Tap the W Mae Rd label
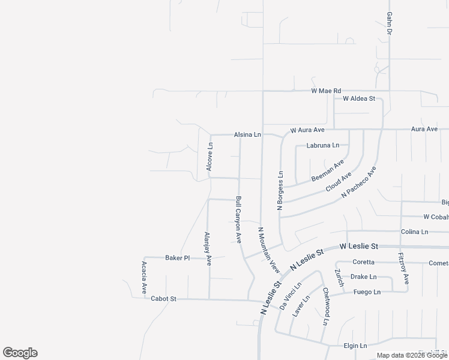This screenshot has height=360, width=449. coord(326,91)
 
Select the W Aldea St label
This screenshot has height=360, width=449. coord(359,98)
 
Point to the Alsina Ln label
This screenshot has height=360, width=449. coord(247,135)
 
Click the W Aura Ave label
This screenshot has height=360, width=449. coord(307,130)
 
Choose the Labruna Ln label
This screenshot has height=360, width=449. coord(323,145)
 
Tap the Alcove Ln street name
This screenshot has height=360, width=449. coord(209,157)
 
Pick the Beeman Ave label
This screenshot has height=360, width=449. coord(328,171)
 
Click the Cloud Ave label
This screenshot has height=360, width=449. coord(338,181)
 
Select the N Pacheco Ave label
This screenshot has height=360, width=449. coord(358,182)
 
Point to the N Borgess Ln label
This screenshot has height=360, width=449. coord(280,190)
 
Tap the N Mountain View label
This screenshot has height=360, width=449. coord(269,247)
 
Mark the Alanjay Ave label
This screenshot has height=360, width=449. coord(208,248)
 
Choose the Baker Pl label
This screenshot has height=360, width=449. coord(177,257)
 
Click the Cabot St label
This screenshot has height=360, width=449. coord(163,298)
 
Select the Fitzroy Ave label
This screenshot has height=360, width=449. coord(403,268)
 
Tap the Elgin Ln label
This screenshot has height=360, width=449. coord(355,346)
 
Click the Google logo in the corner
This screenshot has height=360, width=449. coord(20,353)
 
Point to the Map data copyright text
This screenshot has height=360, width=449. coord(412,355)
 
